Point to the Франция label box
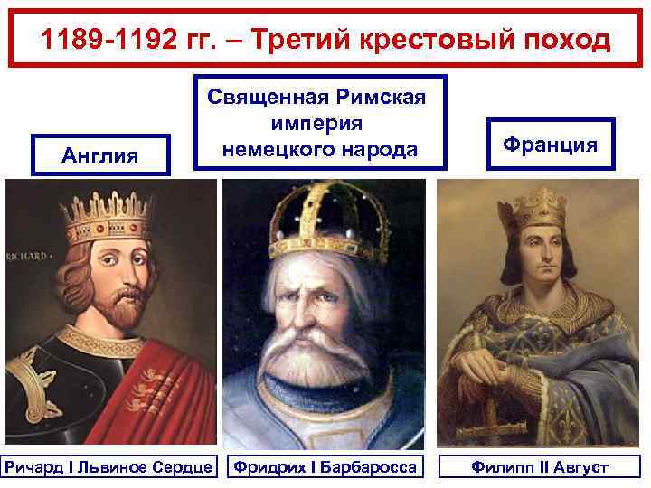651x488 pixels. pos(550,145)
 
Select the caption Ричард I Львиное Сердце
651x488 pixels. pos(108,467)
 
